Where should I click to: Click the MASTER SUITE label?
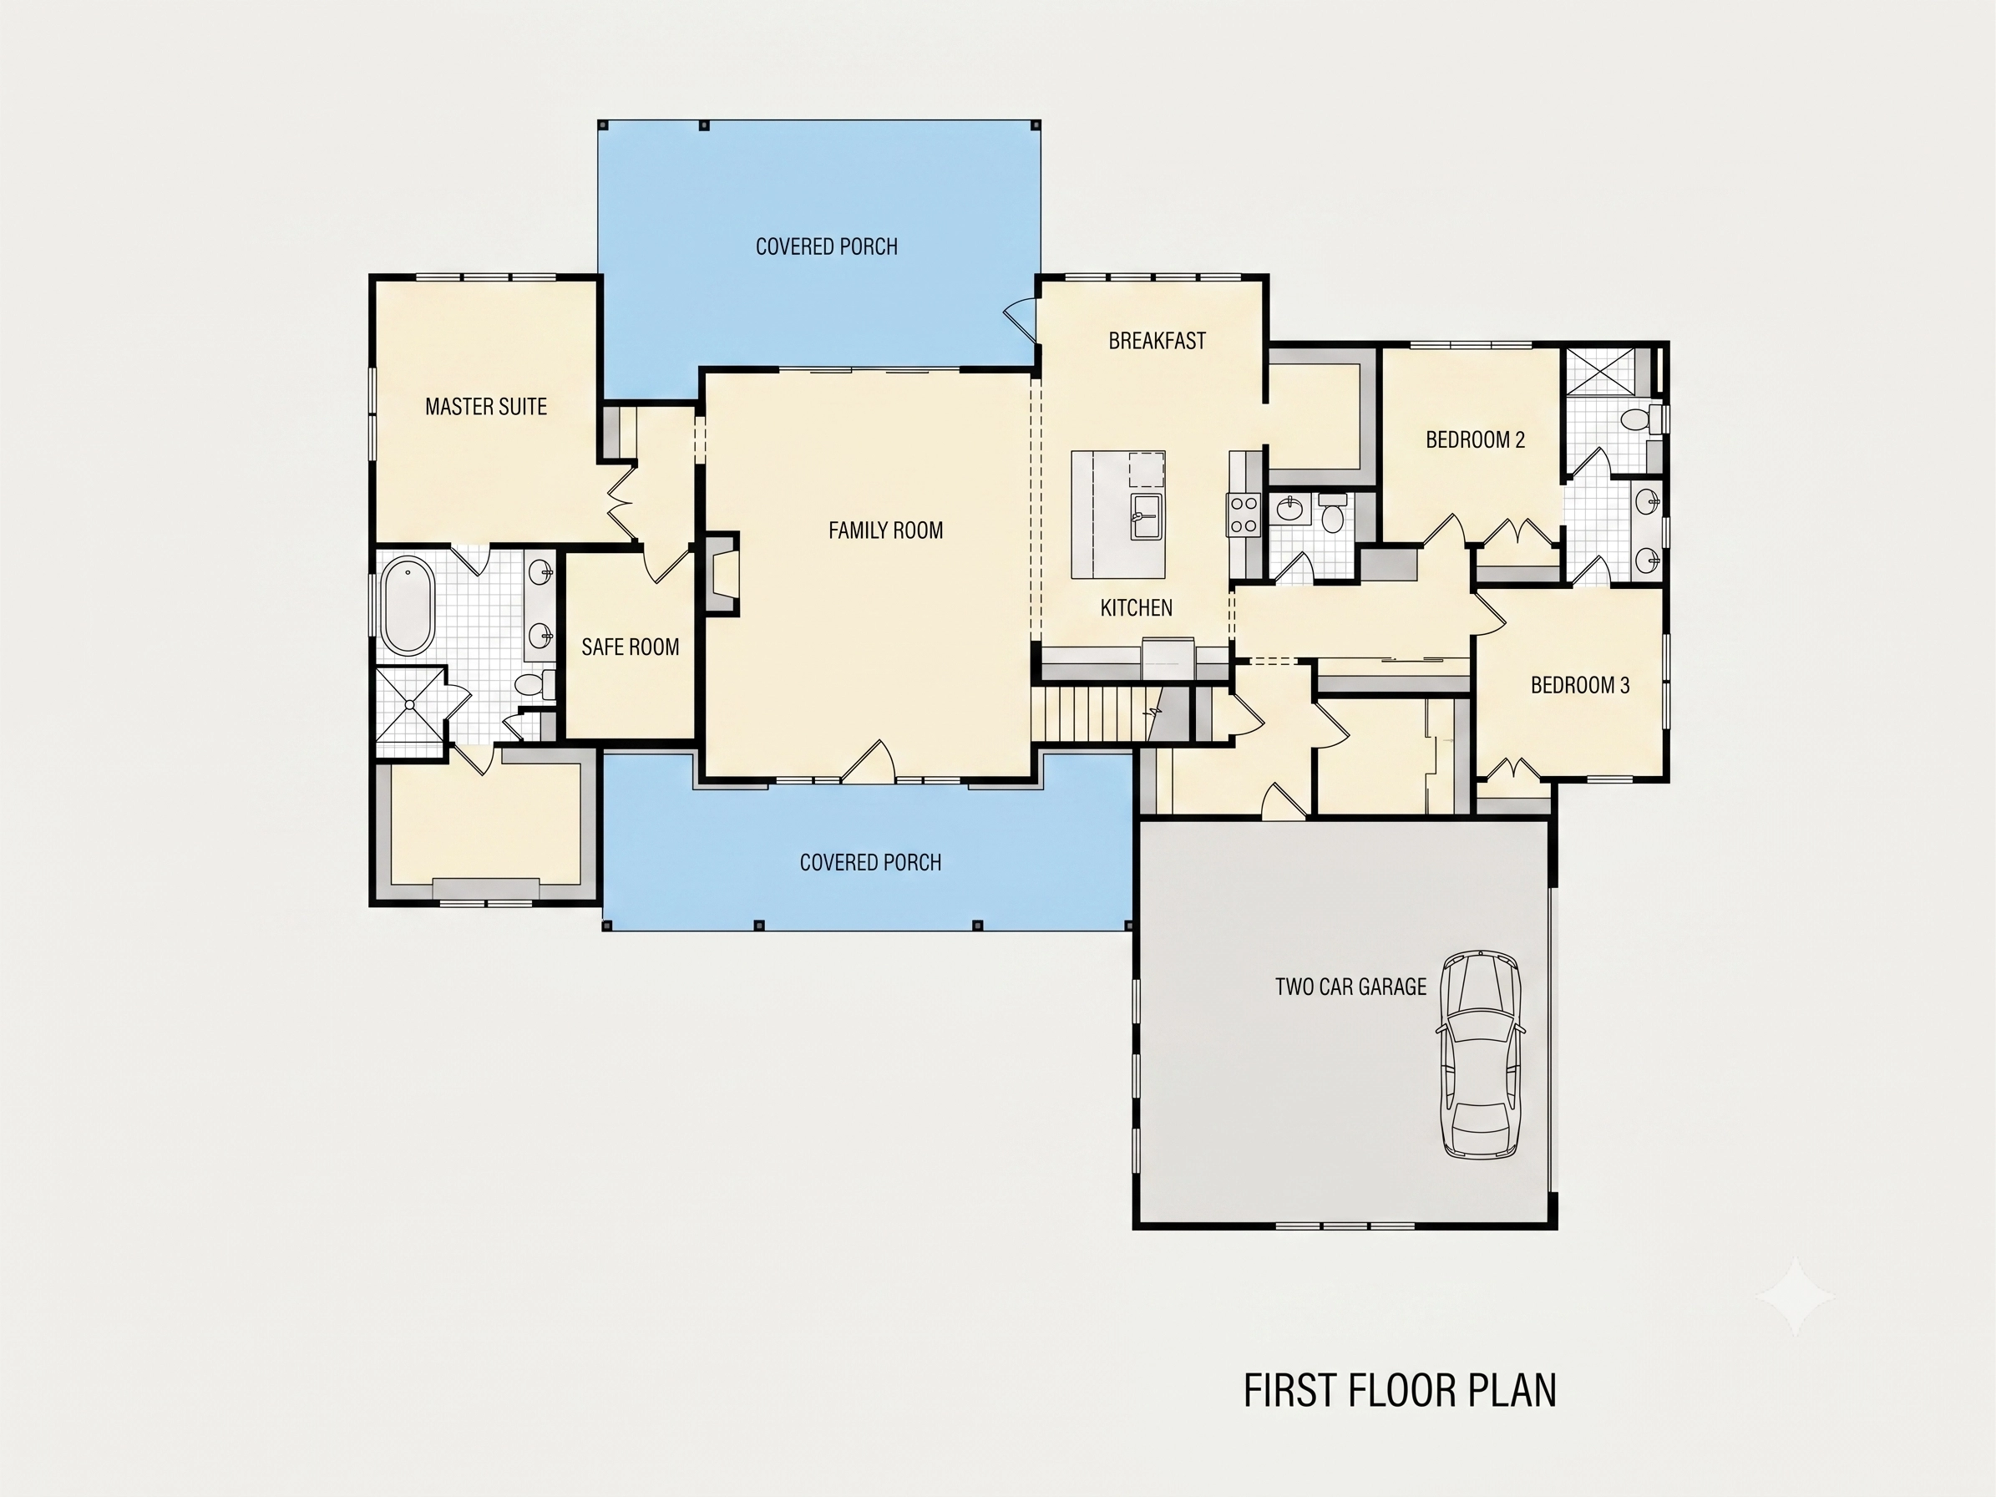485,407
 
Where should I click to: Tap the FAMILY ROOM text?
885,530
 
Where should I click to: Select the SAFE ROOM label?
630,647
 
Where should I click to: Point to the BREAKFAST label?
1157,341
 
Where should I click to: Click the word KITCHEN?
1136,608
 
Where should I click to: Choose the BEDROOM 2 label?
1476,440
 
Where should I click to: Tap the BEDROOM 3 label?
1580,686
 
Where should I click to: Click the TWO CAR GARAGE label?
1350,987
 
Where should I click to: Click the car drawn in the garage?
1480,1054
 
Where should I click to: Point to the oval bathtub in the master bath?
408,605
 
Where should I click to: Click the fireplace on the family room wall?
721,575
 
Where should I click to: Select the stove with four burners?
1243,515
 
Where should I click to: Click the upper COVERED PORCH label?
827,247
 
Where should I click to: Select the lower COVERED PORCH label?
870,863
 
